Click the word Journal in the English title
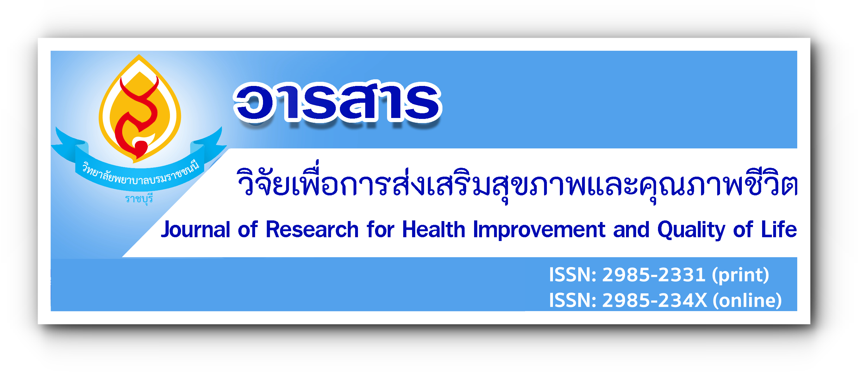point(195,230)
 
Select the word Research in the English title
point(312,230)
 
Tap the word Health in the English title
point(434,230)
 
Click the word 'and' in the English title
point(631,230)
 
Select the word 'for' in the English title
point(380,230)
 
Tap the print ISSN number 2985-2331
point(654,275)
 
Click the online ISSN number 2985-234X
point(655,300)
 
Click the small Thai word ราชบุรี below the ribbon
point(139,199)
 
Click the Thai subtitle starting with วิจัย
point(517,183)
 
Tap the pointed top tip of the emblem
point(139,55)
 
